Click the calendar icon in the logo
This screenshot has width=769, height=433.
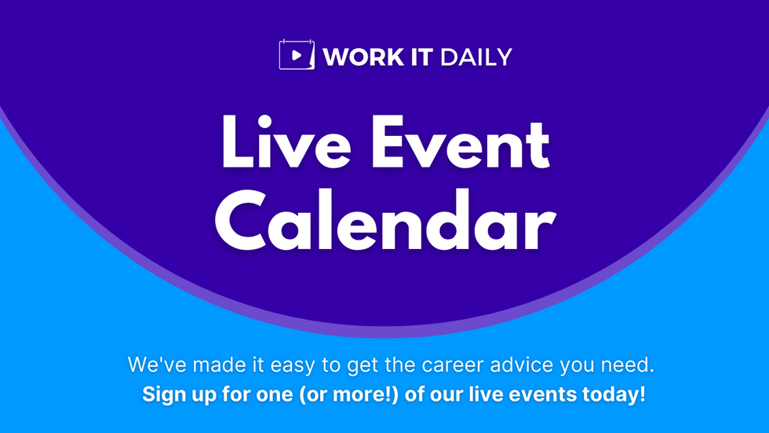click(297, 55)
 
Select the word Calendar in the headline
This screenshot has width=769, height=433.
click(384, 222)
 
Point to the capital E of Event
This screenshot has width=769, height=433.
click(393, 144)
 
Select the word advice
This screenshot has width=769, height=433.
click(515, 365)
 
